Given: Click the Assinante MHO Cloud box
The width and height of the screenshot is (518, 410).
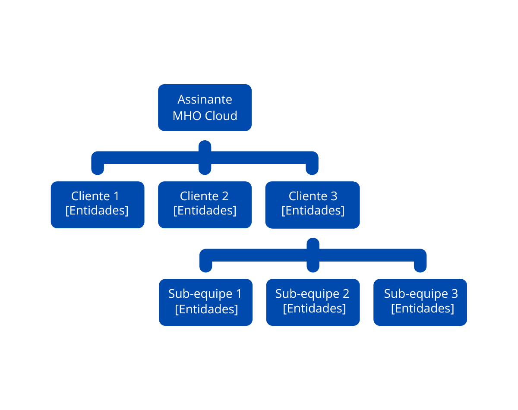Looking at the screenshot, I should (x=205, y=107).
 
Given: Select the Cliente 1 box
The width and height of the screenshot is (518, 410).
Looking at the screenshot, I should (x=97, y=204).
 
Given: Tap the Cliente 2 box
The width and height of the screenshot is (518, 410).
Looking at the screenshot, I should (x=205, y=204).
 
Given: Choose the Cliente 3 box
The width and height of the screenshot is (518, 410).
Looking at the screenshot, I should (x=312, y=204).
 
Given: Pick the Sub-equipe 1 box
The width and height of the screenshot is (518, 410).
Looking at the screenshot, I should (x=205, y=302).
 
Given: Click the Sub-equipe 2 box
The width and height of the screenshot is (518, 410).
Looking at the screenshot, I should (x=313, y=302).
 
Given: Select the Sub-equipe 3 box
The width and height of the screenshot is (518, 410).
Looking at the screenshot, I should (x=420, y=302).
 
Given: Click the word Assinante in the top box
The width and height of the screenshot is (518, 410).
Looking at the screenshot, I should (x=205, y=99).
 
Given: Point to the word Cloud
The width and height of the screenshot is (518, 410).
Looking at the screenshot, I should (x=221, y=116).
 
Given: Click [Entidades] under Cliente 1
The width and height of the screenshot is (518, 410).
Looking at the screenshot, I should (x=97, y=211).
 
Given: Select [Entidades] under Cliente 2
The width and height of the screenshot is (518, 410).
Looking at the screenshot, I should (x=205, y=211).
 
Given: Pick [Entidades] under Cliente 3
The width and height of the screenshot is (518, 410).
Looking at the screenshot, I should (x=313, y=211).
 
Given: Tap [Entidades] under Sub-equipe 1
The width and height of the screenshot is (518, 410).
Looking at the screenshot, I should (x=206, y=309).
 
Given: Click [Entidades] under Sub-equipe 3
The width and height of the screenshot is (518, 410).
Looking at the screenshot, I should (x=423, y=309).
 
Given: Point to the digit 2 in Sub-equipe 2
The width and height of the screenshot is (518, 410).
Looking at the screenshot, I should (x=345, y=294).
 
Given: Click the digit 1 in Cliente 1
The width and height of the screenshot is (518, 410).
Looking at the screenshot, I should (x=116, y=196).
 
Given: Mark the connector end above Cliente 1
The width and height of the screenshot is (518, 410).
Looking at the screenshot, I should (x=98, y=169).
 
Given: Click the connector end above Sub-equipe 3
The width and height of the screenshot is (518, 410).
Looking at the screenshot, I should (x=420, y=266).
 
